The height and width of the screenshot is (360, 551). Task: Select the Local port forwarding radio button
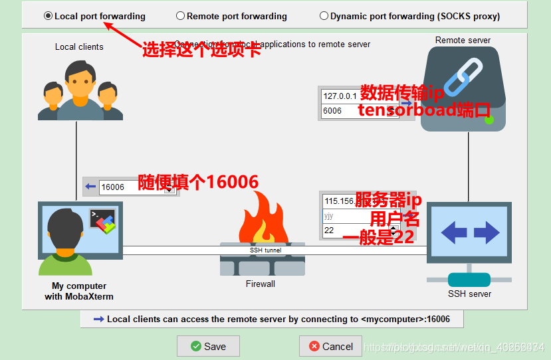coord(49,16)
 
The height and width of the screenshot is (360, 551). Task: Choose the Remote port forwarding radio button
coord(181,16)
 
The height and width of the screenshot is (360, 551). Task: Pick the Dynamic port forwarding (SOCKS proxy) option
coord(324,16)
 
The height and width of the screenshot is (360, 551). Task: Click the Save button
coord(208,346)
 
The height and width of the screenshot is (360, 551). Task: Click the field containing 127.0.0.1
coord(340,96)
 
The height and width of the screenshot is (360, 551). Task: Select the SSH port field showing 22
coord(352,230)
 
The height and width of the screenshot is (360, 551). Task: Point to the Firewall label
coord(261,284)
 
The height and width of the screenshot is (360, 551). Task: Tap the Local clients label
coord(79,47)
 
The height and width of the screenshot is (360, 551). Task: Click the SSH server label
coord(469,294)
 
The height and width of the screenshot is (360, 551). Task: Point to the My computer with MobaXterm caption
coord(79,291)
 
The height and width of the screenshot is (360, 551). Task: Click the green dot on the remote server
coord(489,120)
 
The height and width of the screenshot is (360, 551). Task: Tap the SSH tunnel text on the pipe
coord(265,250)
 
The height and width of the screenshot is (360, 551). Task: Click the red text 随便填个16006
coord(198,182)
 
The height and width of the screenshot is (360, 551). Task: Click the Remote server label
coord(463,40)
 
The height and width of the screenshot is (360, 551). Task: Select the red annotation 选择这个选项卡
coord(201,50)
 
